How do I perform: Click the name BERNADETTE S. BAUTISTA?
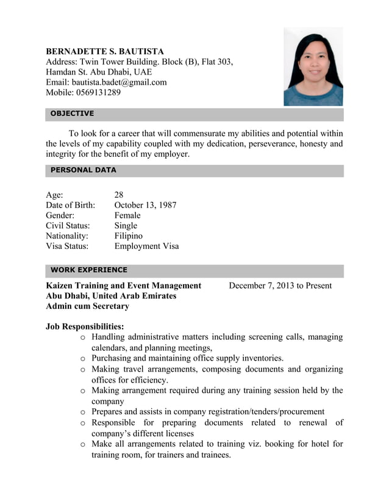point(105,51)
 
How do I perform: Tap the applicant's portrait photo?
point(313,68)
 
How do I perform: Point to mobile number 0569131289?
point(98,93)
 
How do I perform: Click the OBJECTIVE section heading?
point(72,113)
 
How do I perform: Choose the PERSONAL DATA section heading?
point(83,170)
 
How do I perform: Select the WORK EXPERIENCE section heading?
point(89,270)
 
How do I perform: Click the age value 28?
point(119,195)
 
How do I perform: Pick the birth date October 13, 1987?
point(145,205)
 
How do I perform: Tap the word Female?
point(127,215)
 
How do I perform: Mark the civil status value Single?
point(126,226)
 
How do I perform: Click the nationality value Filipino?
point(129,236)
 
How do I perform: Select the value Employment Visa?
point(146,246)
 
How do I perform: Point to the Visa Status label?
point(67,246)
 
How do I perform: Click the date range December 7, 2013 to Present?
point(280,286)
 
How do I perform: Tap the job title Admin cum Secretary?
point(87,306)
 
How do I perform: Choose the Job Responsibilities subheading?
point(85,326)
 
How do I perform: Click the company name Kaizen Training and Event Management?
point(123,286)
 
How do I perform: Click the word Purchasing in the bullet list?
point(111,358)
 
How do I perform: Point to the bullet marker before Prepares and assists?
point(83,412)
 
